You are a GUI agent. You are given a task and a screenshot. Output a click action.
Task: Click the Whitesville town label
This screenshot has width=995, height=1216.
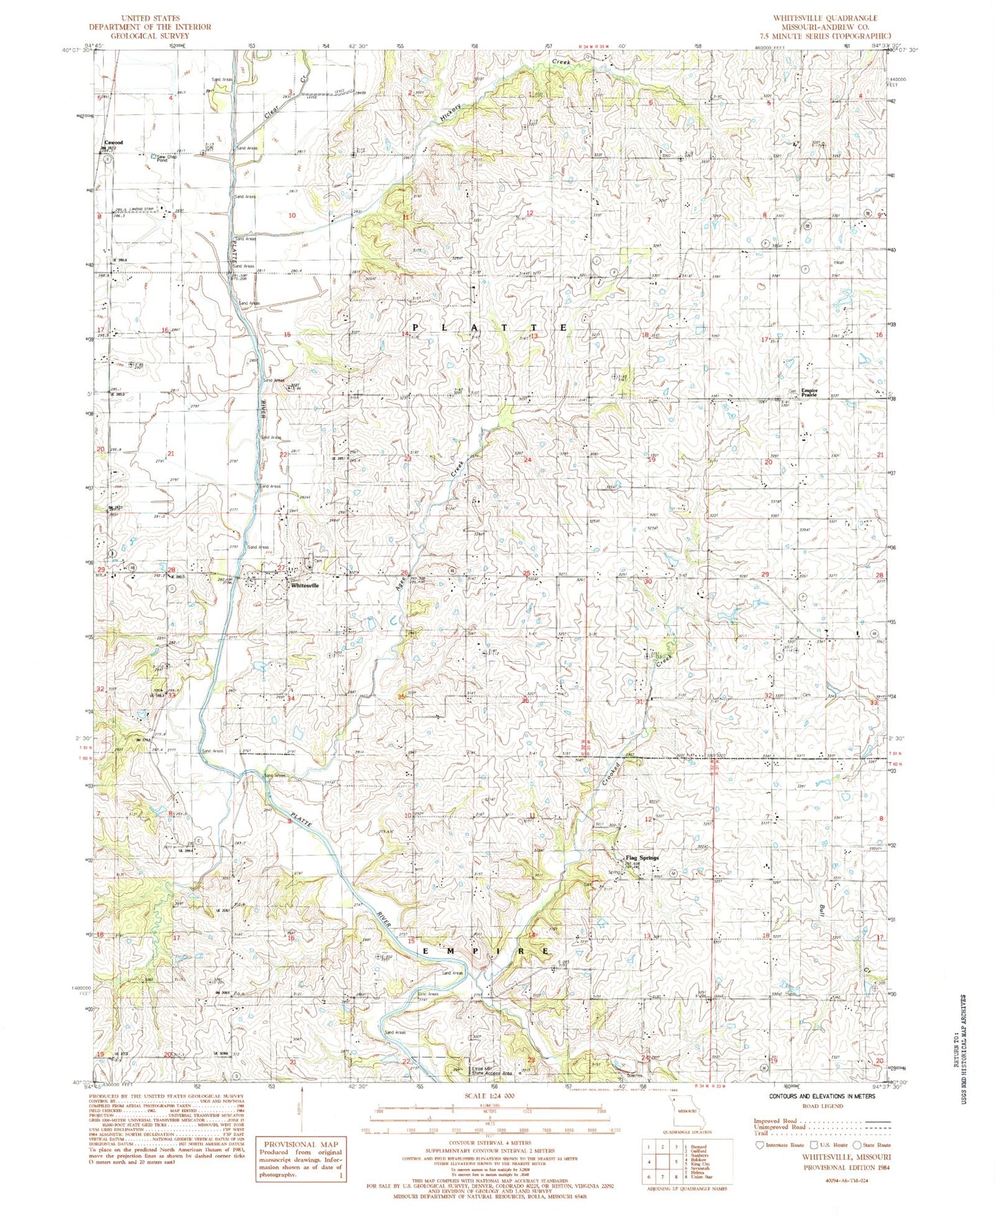304,585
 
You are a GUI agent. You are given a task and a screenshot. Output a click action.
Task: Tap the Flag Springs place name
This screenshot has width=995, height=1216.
642,858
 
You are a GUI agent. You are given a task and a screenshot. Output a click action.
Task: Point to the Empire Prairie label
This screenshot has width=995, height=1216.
808,393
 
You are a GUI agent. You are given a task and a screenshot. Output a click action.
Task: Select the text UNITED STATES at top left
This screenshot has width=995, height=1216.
149,18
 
